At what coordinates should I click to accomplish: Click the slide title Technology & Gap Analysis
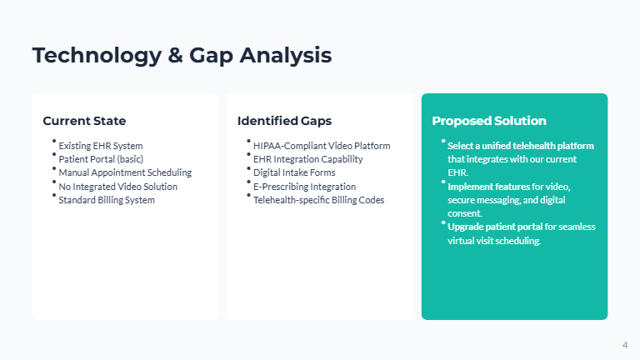(x=182, y=56)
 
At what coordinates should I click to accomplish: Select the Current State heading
(x=84, y=121)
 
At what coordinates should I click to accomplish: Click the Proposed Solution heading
(x=489, y=121)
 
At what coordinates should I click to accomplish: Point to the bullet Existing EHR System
(x=100, y=146)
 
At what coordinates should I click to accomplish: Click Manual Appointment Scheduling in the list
(x=125, y=172)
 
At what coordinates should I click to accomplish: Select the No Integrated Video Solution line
(x=117, y=187)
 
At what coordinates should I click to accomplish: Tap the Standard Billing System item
(x=106, y=200)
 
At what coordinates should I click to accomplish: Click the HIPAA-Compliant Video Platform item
(x=322, y=146)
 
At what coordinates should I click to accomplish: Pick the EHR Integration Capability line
(x=307, y=159)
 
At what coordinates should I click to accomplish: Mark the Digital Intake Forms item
(x=293, y=172)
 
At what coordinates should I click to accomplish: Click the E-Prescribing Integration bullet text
(x=304, y=187)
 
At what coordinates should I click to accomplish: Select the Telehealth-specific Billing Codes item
(x=318, y=200)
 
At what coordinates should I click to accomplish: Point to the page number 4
(x=625, y=345)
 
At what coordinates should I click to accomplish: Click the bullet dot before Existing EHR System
(x=54, y=141)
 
